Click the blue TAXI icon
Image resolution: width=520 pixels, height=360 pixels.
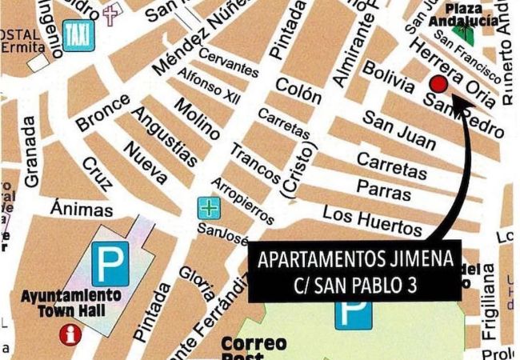[x=76, y=36]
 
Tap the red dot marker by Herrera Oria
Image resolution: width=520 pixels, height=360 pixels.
[x=438, y=84]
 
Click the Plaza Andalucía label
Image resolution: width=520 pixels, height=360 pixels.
[x=463, y=14]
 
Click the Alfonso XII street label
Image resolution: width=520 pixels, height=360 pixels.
[x=209, y=86]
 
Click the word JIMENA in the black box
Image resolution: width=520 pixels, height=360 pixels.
[x=414, y=259]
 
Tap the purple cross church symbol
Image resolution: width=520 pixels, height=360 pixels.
[x=110, y=17]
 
